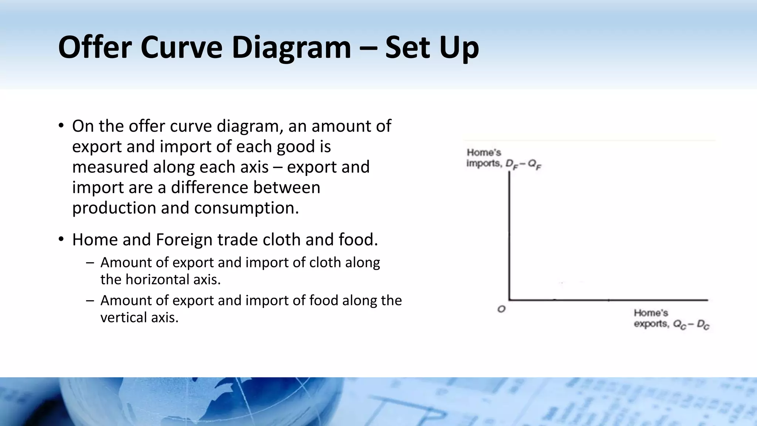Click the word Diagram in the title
[x=291, y=47]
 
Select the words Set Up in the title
[x=432, y=47]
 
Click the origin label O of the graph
[x=501, y=309]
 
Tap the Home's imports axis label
[x=503, y=158]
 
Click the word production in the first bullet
[x=114, y=208]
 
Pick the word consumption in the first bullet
[x=246, y=208]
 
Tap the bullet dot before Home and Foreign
[x=61, y=239]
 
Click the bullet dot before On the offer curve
[x=61, y=125]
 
